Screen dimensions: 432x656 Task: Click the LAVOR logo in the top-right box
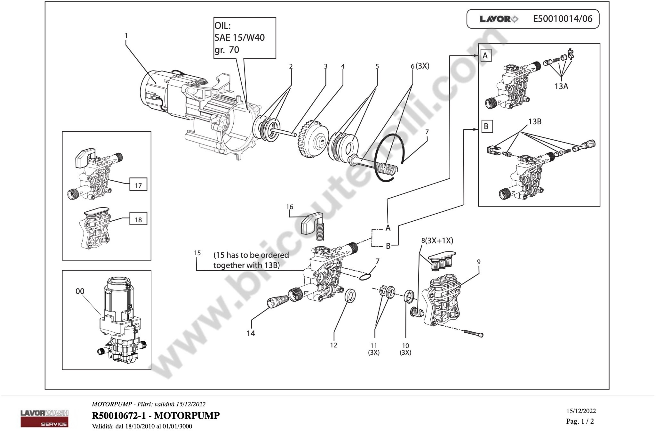499,19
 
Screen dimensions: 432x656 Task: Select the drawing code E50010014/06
563,19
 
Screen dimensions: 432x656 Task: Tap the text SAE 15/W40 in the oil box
239,37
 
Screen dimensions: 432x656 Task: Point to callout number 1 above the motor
126,36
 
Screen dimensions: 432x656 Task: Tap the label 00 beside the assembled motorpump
80,291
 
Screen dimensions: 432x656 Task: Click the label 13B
535,122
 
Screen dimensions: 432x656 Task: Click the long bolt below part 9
474,333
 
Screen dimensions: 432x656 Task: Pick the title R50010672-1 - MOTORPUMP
156,415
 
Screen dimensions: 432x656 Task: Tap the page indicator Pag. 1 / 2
580,421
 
